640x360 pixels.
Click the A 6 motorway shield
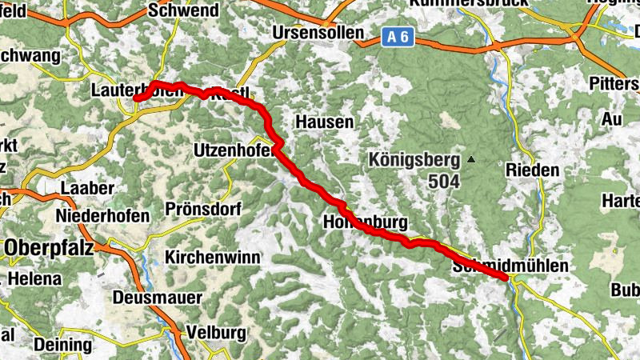point(398,36)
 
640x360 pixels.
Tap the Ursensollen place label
point(318,34)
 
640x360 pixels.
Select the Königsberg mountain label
point(415,159)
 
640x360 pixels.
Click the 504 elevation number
point(443,182)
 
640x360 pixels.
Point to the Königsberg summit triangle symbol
point(471,160)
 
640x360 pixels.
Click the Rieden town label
point(532,170)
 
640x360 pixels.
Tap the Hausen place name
point(324,122)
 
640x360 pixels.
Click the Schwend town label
point(183,11)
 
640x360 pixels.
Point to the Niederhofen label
point(103,217)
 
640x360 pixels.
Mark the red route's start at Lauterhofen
point(136,98)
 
